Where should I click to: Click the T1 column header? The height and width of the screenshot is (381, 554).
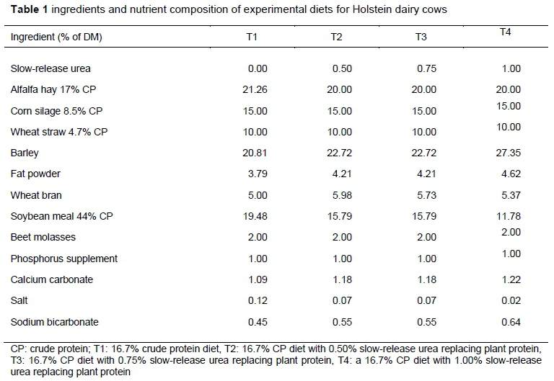tap(252, 37)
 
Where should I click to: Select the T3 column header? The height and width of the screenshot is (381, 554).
tap(421, 37)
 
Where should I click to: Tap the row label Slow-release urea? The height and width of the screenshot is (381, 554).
tap(50, 68)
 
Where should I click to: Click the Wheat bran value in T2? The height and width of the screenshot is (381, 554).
tap(340, 195)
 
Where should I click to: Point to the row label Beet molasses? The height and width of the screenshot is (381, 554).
tap(43, 237)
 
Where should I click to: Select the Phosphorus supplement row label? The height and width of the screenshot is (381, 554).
tap(64, 259)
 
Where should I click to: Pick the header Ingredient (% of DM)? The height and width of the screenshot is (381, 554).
tap(56, 37)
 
